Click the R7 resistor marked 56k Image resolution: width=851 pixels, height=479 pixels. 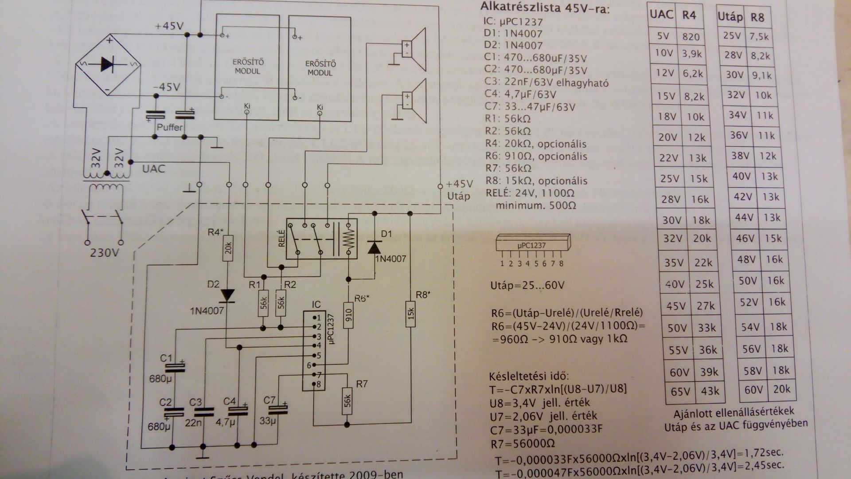348,402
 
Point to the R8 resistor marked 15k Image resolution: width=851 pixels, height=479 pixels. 410,314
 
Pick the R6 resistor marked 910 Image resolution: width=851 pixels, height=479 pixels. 348,314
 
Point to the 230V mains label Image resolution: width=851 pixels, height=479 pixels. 105,254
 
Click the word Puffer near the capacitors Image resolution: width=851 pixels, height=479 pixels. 169,127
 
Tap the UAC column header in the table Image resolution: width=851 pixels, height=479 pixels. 661,15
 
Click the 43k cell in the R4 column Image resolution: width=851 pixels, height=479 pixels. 710,392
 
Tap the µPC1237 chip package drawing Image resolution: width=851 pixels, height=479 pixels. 532,245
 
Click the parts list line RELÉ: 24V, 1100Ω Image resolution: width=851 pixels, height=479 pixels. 530,193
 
